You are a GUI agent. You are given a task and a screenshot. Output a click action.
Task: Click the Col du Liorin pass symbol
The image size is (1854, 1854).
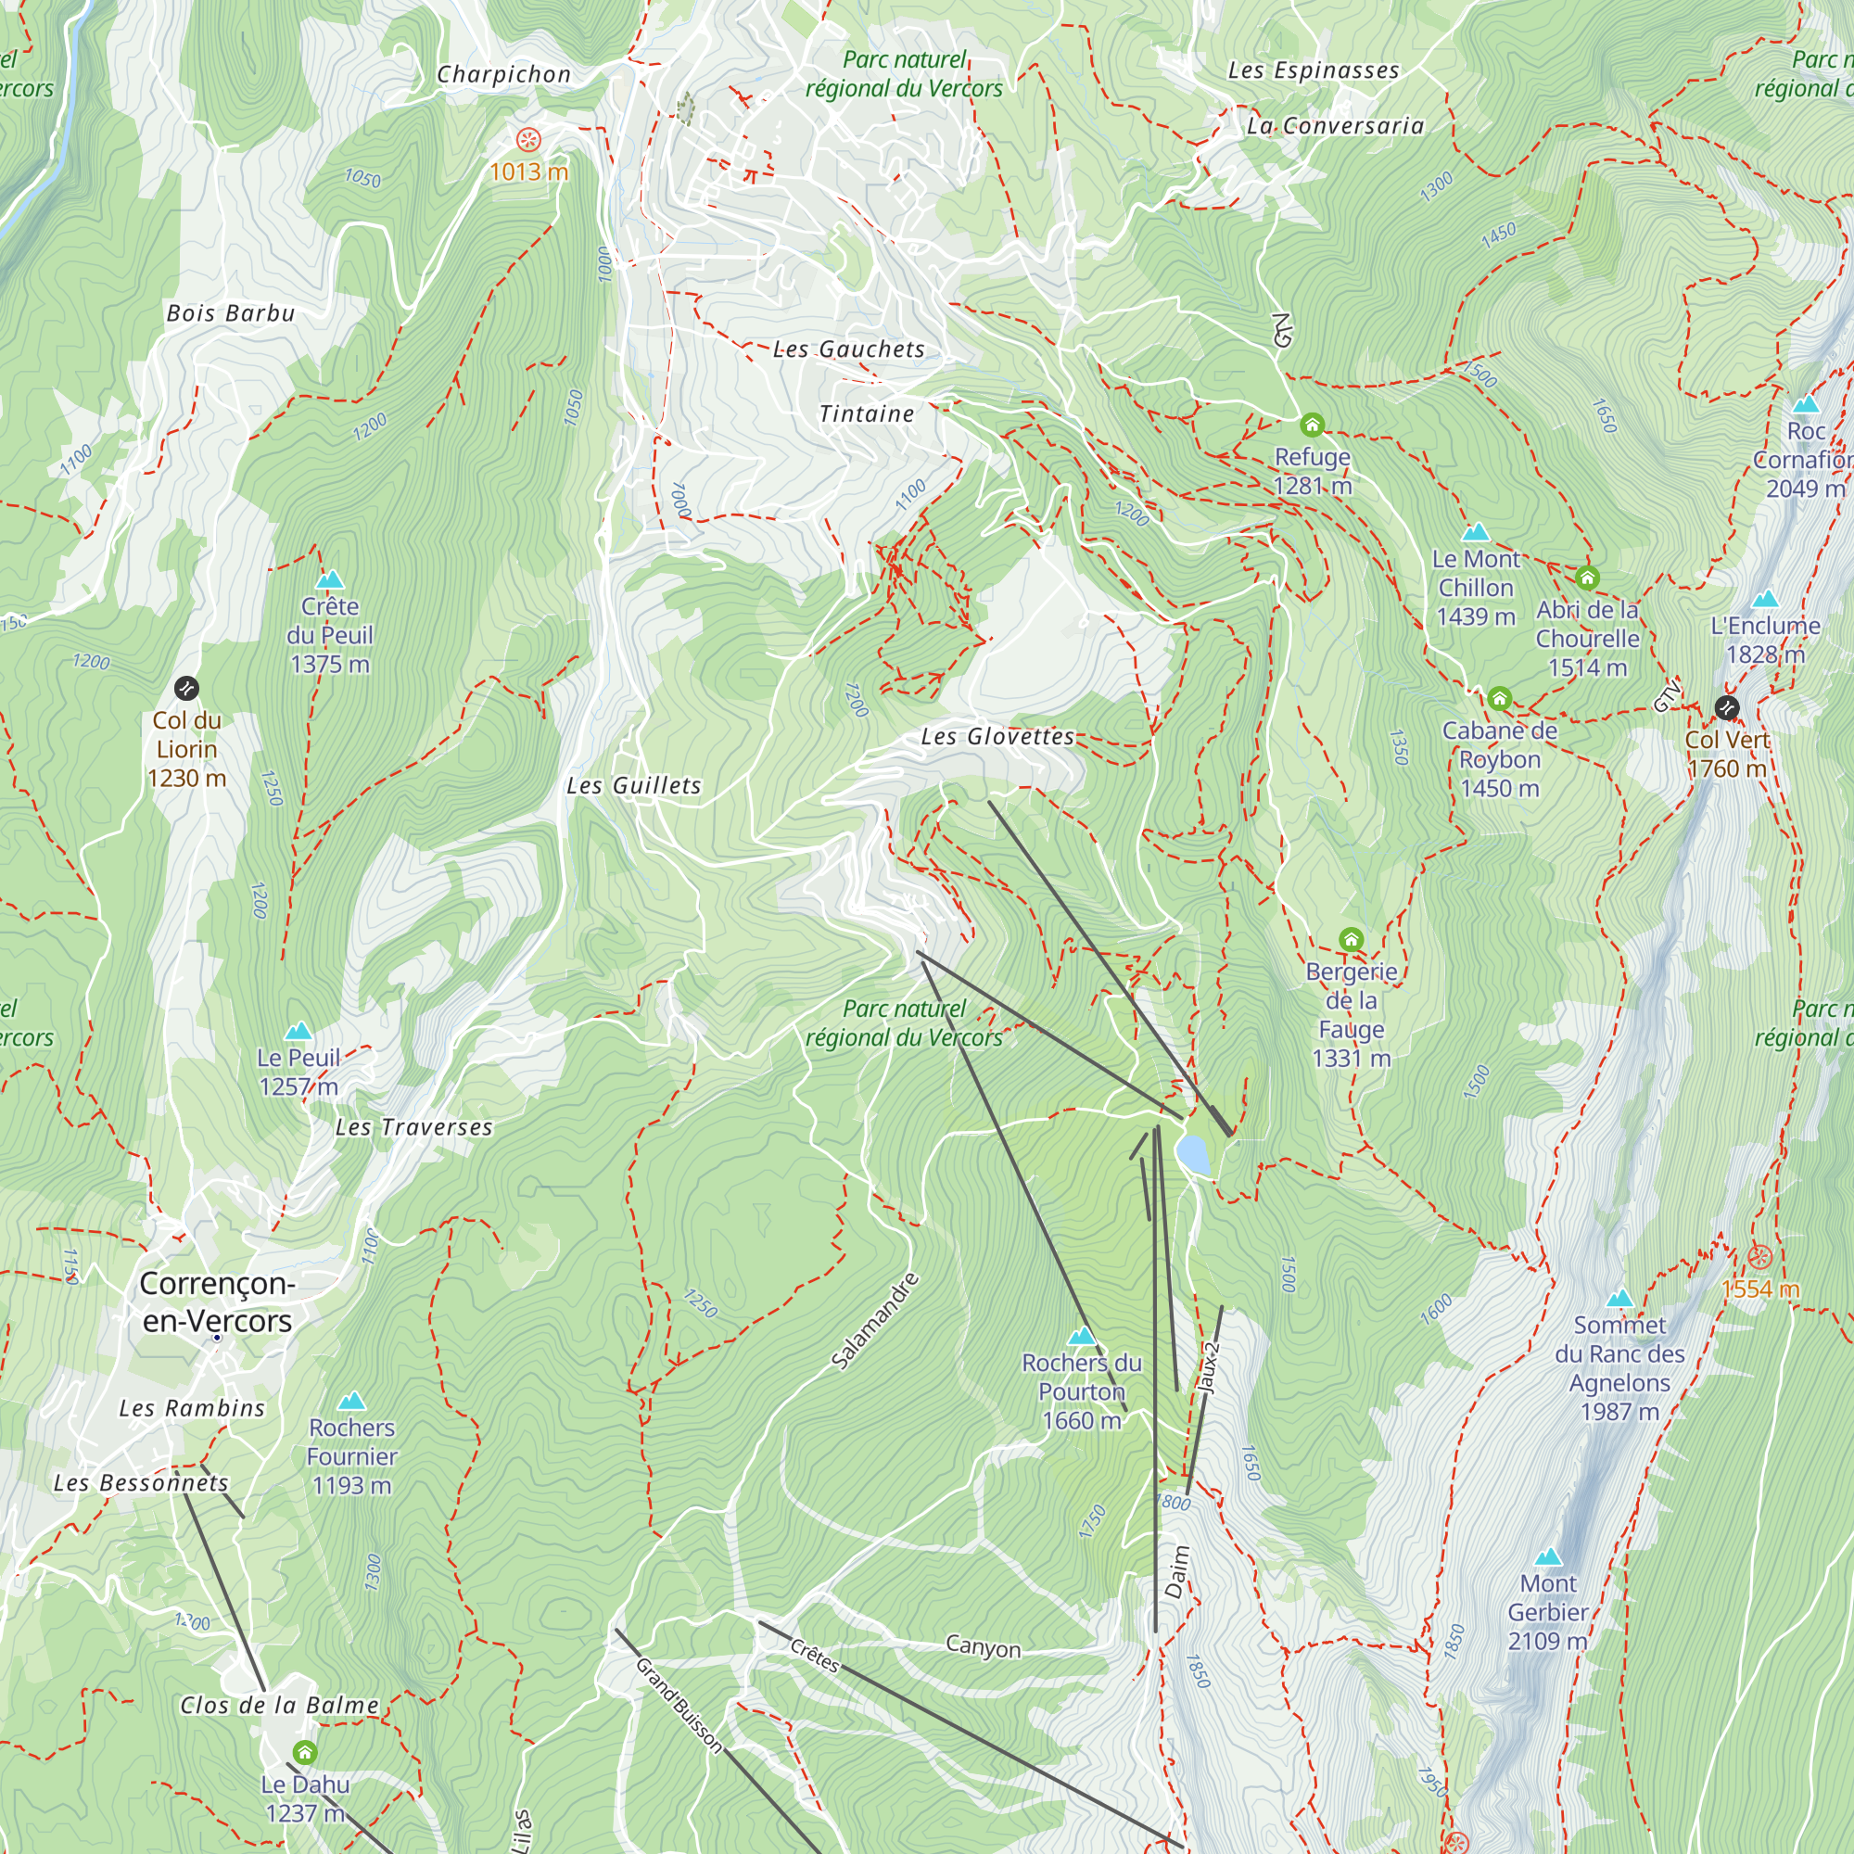186,688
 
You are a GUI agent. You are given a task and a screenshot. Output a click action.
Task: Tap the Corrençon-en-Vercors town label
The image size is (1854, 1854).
217,1302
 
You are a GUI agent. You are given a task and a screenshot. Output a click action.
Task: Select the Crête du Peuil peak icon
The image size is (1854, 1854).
330,579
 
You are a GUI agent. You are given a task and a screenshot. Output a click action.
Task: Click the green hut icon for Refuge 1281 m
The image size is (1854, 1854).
1312,425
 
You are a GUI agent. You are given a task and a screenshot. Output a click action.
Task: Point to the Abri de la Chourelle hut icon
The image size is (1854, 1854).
1587,578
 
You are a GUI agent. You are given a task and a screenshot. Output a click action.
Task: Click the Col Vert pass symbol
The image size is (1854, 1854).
1726,708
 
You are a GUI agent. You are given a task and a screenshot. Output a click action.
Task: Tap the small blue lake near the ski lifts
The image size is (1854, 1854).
1194,1153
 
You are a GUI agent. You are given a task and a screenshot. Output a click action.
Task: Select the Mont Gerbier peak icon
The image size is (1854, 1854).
1548,1556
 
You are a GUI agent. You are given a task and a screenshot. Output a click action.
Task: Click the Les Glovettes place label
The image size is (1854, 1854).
997,737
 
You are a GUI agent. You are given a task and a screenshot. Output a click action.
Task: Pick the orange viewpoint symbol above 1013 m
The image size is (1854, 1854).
527,140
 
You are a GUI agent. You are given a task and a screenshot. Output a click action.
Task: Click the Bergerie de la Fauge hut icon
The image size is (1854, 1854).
1352,939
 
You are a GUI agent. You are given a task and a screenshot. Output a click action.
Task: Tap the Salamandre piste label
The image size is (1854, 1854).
874,1320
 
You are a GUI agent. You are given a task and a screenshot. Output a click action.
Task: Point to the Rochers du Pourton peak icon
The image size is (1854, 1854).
1082,1336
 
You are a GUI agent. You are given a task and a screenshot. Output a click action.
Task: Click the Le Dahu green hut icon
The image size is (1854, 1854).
305,1752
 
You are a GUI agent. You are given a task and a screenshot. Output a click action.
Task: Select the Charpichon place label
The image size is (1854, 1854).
503,75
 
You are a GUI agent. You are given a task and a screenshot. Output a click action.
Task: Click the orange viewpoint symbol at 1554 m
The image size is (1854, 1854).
1760,1256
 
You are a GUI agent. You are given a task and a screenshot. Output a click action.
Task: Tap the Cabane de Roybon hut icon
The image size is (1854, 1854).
1500,699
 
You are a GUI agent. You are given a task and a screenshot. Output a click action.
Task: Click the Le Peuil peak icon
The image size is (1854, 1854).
298,1031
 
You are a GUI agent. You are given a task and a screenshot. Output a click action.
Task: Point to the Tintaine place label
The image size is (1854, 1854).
867,413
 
